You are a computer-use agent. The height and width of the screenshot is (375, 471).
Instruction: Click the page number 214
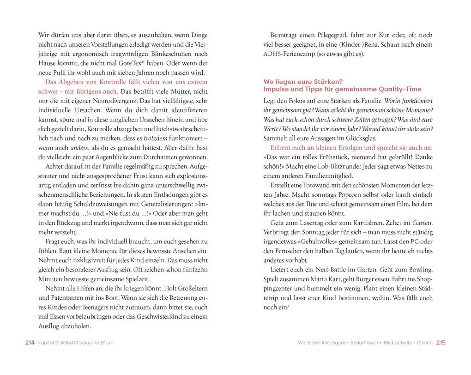point(30,343)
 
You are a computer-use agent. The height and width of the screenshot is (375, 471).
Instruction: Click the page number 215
point(441,343)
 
